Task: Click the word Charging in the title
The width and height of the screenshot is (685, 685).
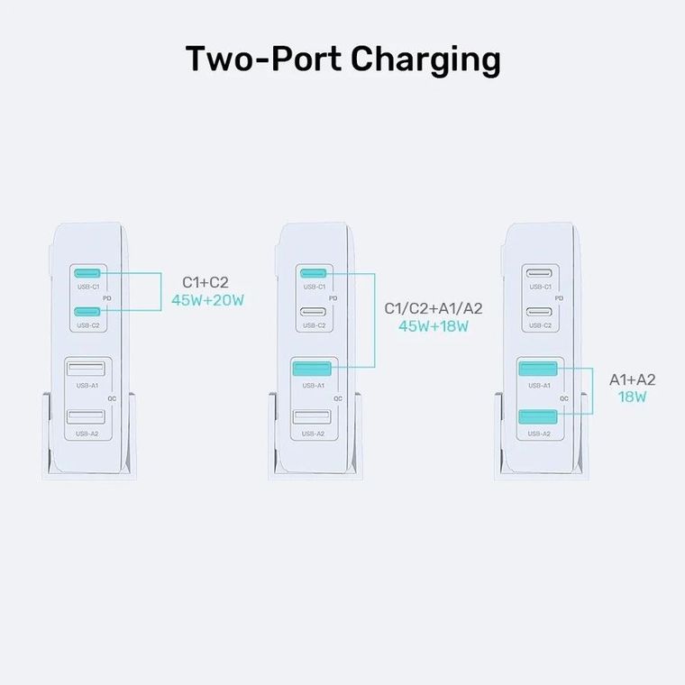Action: [x=425, y=60]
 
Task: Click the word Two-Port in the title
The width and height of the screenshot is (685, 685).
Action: [x=263, y=59]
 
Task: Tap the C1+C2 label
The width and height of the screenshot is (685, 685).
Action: [x=206, y=283]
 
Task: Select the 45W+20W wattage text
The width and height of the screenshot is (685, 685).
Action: [x=207, y=300]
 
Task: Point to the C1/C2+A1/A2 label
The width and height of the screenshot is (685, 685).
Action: [x=434, y=309]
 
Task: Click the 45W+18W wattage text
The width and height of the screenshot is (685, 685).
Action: [x=434, y=326]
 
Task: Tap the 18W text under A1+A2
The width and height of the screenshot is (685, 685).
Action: [x=632, y=397]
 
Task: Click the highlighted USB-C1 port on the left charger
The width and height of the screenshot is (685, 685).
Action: [x=88, y=273]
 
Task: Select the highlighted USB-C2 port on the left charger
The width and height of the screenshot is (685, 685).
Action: [x=88, y=311]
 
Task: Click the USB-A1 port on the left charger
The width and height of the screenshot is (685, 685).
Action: [x=88, y=370]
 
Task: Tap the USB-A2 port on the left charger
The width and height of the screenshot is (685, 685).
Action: [x=88, y=418]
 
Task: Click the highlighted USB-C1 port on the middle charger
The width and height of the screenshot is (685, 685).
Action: [x=314, y=273]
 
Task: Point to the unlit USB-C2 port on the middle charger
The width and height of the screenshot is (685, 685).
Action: [x=314, y=311]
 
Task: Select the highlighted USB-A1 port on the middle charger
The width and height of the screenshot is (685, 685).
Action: [x=314, y=370]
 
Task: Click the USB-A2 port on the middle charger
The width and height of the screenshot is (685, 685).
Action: [x=314, y=418]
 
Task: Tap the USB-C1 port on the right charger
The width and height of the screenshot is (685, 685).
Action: [x=540, y=273]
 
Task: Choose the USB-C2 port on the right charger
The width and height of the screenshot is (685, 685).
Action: [x=540, y=311]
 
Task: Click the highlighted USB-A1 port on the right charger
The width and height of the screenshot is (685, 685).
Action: [x=540, y=370]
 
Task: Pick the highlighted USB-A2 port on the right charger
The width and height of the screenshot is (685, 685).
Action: [x=540, y=418]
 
